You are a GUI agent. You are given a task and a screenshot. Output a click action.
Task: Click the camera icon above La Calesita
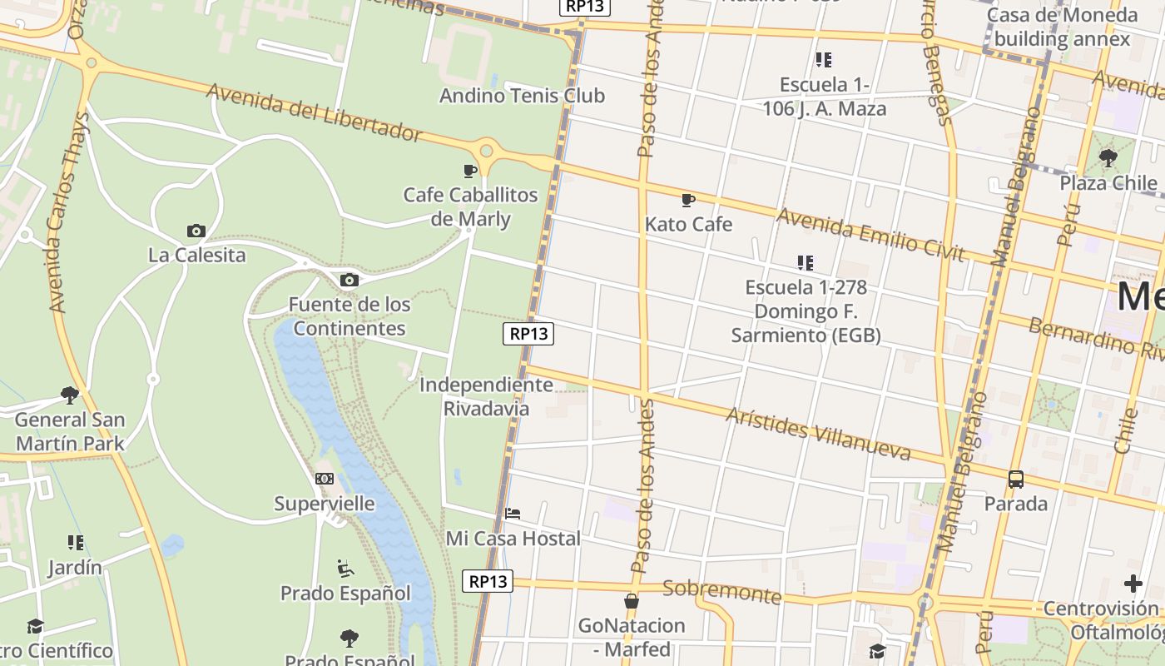coord(196,231)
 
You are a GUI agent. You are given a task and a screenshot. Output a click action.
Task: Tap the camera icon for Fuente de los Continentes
coord(349,280)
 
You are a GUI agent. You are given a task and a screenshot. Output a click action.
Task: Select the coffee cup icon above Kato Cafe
coord(687,200)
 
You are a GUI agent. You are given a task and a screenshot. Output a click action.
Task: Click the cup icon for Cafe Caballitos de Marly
coord(470,171)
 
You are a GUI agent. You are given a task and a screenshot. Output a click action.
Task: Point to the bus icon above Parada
coord(1015,480)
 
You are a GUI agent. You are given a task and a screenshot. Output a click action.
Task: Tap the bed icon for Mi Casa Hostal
coord(513,514)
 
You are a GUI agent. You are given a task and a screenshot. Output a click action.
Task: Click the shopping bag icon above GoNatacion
coord(632,601)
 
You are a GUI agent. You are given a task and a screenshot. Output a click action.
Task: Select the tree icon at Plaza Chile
coord(1108,157)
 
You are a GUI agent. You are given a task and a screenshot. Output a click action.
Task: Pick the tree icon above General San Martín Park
coord(70,395)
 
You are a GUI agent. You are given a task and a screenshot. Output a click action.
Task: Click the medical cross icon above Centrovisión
coord(1133,584)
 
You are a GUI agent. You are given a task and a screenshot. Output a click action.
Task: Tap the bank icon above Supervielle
coord(325,479)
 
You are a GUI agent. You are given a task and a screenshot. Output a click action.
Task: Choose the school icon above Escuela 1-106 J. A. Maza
coord(824,60)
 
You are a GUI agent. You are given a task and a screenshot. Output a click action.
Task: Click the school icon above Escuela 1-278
coord(805,263)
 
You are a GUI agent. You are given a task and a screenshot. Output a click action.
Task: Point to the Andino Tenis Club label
coord(522,96)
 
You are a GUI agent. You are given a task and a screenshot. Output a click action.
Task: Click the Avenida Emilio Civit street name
coord(870,235)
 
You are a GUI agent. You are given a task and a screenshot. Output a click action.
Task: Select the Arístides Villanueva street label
coord(818,433)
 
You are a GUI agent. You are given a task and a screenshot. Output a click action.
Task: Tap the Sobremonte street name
coord(721,592)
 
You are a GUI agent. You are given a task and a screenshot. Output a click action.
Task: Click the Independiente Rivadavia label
coord(486,396)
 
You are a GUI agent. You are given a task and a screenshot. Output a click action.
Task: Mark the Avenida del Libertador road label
coord(315,112)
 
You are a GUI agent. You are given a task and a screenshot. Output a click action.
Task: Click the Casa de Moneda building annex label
coord(1062,27)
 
